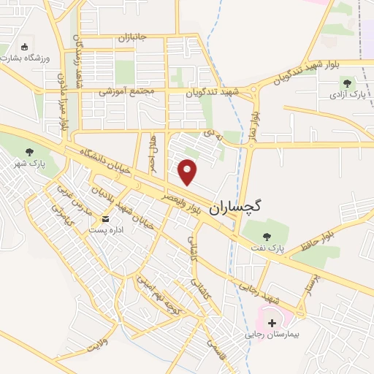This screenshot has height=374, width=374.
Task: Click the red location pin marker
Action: click(188, 172)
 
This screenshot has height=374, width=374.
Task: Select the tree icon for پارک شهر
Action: click(29, 151)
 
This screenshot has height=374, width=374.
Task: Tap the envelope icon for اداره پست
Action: click(107, 219)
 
